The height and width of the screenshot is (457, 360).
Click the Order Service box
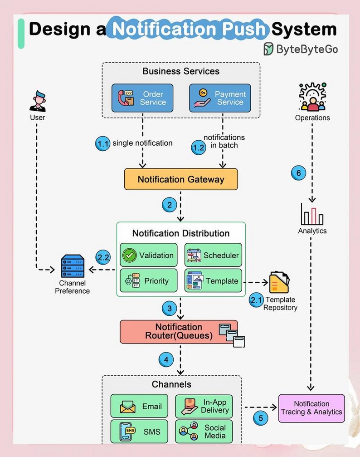pyautogui.click(x=142, y=98)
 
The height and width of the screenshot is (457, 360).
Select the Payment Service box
pyautogui.click(x=220, y=98)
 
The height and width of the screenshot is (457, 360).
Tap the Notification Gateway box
pyautogui.click(x=181, y=179)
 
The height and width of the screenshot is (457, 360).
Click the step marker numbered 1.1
pyautogui.click(x=102, y=143)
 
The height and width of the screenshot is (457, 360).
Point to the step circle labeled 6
pyautogui.click(x=298, y=173)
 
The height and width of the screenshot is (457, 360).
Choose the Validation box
pyautogui.click(x=149, y=255)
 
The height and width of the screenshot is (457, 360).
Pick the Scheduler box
pyautogui.click(x=213, y=255)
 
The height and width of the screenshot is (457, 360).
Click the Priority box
pyautogui.click(x=149, y=280)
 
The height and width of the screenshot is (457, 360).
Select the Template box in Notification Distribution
pyautogui.click(x=213, y=280)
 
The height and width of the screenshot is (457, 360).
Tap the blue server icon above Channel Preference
pyautogui.click(x=73, y=266)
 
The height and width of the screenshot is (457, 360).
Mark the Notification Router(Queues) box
pyautogui.click(x=179, y=332)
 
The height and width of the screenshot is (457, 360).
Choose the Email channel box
pyautogui.click(x=139, y=406)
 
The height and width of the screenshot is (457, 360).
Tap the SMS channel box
pyautogui.click(x=139, y=431)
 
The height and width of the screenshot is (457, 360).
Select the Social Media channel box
pyautogui.click(x=204, y=431)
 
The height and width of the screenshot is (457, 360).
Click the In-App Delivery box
pyautogui.click(x=204, y=406)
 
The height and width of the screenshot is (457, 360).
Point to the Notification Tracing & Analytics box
pyautogui.click(x=311, y=408)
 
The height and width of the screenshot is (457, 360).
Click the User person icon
pyautogui.click(x=38, y=101)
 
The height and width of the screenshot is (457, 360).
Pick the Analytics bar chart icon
pyautogui.click(x=312, y=214)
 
